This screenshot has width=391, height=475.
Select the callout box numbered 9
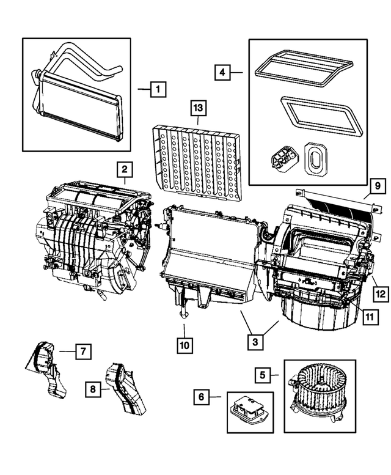pyautogui.click(x=378, y=185)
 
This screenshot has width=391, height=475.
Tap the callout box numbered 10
pyautogui.click(x=185, y=345)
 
